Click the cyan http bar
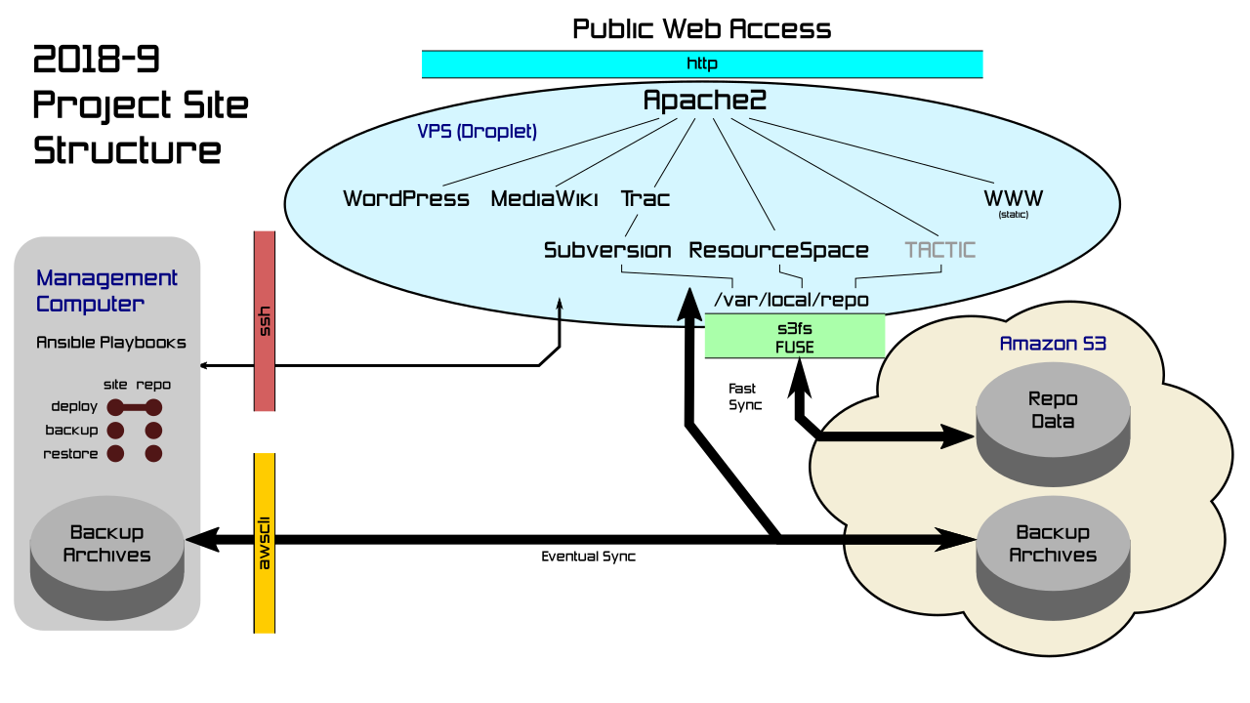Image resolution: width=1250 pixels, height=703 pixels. [x=701, y=63]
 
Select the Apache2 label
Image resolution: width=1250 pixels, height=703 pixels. [x=704, y=100]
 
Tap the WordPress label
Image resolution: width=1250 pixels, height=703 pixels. [x=406, y=199]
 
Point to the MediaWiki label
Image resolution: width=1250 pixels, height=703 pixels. [x=544, y=199]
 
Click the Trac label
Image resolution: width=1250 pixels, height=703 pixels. [x=646, y=199]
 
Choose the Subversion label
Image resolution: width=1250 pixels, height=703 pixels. [x=607, y=250]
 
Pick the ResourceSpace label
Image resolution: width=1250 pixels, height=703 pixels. [x=778, y=250]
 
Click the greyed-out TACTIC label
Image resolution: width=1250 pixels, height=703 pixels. [x=939, y=250]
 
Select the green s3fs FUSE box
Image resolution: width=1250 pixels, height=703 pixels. [x=795, y=336]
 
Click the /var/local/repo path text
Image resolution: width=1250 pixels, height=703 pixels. [x=791, y=300]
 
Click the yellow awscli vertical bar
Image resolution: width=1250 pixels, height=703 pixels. [x=265, y=543]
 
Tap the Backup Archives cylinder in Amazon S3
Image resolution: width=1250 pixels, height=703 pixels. [x=1053, y=553]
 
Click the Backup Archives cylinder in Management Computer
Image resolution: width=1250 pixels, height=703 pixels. [x=106, y=552]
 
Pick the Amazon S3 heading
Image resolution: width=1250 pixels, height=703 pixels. [x=1053, y=345]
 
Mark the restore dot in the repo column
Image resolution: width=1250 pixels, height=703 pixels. [x=153, y=454]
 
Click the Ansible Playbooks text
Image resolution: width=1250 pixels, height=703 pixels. [x=111, y=343]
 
